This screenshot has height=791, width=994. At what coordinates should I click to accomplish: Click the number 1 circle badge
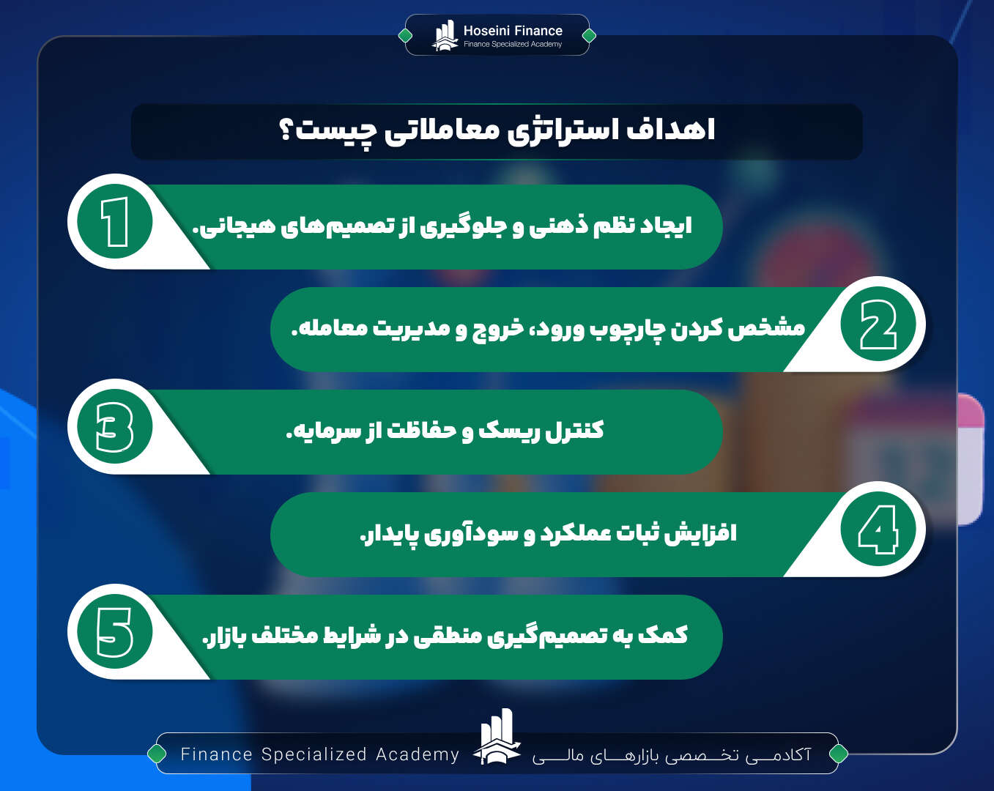pos(115,222)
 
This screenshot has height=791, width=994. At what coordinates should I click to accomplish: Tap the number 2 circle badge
pos(878,324)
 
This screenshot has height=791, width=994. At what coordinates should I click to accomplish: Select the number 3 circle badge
pos(115,427)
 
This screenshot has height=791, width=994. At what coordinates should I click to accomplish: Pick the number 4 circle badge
pos(878,530)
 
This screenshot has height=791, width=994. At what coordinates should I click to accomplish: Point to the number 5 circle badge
pos(115,632)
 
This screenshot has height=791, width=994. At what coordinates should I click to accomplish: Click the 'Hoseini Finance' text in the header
pos(513,31)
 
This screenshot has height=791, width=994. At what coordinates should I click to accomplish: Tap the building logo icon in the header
pos(445,35)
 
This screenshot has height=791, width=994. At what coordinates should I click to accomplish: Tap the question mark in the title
pos(286,130)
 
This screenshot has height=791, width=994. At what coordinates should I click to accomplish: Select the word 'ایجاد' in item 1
pos(666,226)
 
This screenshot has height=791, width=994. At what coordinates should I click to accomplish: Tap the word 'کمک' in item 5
pos(663,634)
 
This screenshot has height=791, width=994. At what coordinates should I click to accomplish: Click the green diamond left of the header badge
pos(405,35)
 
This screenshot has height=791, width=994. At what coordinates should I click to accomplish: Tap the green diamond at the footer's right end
pos(839,753)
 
